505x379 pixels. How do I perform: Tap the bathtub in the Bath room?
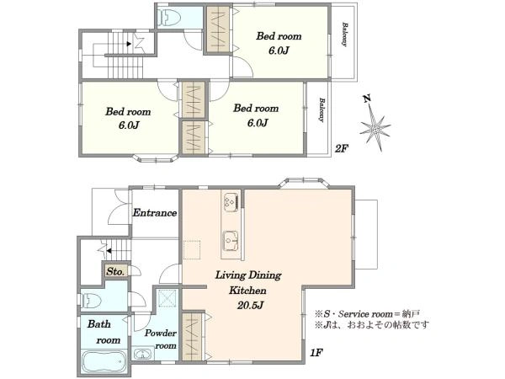point(104,362)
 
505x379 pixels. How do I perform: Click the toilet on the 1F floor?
point(91,301)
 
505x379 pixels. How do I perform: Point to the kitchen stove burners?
point(231,202)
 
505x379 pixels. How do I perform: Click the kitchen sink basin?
point(231,241)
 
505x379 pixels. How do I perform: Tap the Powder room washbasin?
point(142,355)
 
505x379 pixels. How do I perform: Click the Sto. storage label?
point(115,272)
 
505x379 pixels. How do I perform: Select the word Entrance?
point(155,213)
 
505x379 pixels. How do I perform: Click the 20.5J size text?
point(250,305)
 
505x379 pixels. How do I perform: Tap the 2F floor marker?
point(342,148)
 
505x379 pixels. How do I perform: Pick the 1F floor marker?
point(316,353)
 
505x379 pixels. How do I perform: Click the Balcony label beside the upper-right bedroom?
point(344,35)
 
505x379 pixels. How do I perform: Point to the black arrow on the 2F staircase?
point(129,44)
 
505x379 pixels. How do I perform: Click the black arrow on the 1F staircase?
point(109,250)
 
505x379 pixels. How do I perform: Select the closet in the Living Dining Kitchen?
point(192,336)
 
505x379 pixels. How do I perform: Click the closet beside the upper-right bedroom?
point(218,29)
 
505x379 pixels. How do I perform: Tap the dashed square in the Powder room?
point(167,298)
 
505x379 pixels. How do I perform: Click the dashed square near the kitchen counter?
point(192,250)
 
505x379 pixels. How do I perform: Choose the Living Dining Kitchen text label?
point(248,283)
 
